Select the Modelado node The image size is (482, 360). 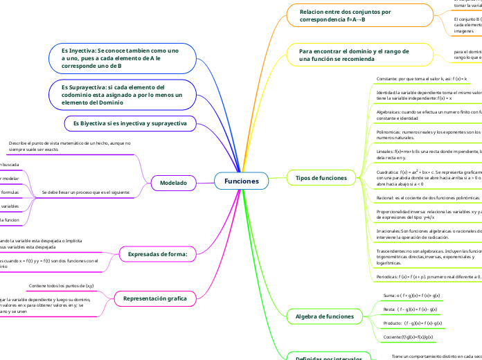click(x=173, y=182)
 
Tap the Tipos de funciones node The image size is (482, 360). click(x=321, y=178)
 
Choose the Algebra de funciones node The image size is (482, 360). click(x=325, y=316)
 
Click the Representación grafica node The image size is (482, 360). click(x=154, y=298)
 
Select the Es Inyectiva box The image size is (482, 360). click(x=120, y=58)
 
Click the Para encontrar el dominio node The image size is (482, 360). click(x=353, y=55)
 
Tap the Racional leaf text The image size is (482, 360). click(x=422, y=197)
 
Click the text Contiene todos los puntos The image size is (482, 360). click(x=62, y=285)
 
